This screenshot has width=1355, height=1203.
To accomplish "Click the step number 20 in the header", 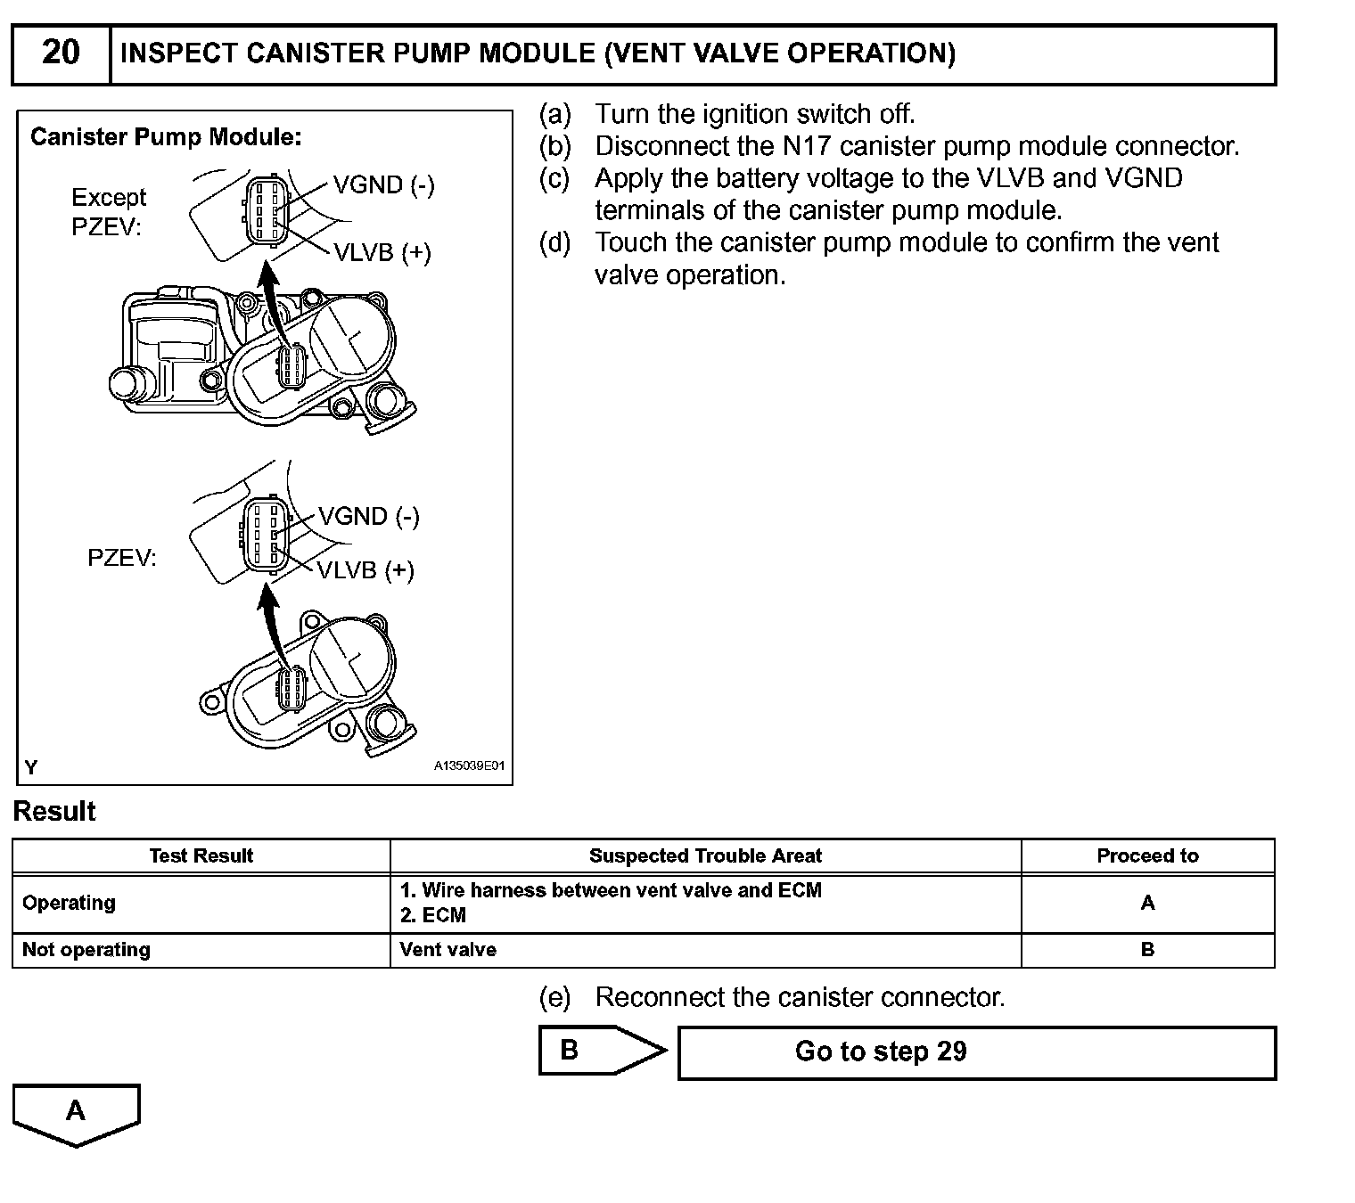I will [x=61, y=53].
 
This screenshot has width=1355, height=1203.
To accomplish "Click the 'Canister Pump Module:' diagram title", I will [x=166, y=137].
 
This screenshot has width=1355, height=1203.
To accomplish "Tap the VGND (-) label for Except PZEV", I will [x=384, y=185].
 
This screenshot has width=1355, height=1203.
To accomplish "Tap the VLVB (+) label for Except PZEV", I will [x=382, y=253].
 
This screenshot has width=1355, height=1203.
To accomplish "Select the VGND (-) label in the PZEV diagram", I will [x=369, y=517].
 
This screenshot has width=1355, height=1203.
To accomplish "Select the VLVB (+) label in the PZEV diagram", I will [x=366, y=570].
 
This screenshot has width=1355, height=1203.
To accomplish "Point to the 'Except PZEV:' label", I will [x=108, y=212].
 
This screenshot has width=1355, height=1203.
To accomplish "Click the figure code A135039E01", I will [x=470, y=765].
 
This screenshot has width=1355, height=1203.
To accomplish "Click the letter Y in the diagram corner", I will [x=31, y=767].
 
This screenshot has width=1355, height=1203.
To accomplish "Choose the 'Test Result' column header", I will [x=201, y=856].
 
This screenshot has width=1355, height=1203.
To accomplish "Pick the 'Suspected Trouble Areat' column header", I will [x=705, y=856].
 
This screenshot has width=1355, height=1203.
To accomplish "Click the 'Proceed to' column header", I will [x=1147, y=856].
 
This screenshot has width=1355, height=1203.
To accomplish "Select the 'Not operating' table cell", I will [x=86, y=950].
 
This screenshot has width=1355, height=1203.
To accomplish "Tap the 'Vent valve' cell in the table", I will [x=448, y=950].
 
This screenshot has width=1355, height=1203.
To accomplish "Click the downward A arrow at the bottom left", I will [x=77, y=1113].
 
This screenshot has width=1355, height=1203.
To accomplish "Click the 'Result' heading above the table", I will [x=54, y=812].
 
